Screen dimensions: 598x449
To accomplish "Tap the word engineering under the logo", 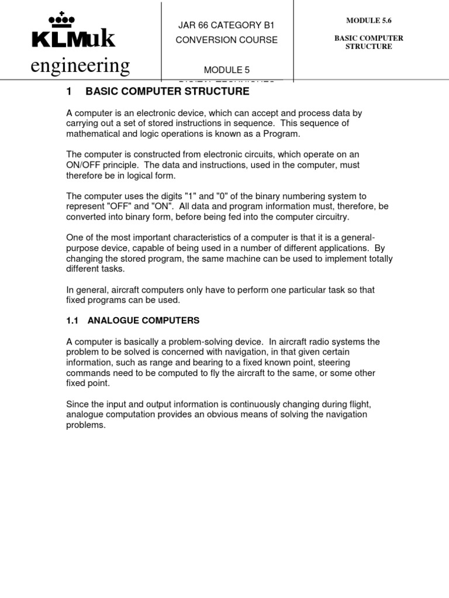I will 80,66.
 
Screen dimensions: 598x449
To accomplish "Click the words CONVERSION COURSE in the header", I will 227,40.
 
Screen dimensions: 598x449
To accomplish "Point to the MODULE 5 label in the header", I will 226,70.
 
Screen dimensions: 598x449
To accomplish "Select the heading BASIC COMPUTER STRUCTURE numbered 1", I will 167,91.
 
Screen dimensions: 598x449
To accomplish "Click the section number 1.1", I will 72,321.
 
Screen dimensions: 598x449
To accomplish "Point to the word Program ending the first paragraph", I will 282,134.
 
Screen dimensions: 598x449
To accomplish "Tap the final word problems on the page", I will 86,425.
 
